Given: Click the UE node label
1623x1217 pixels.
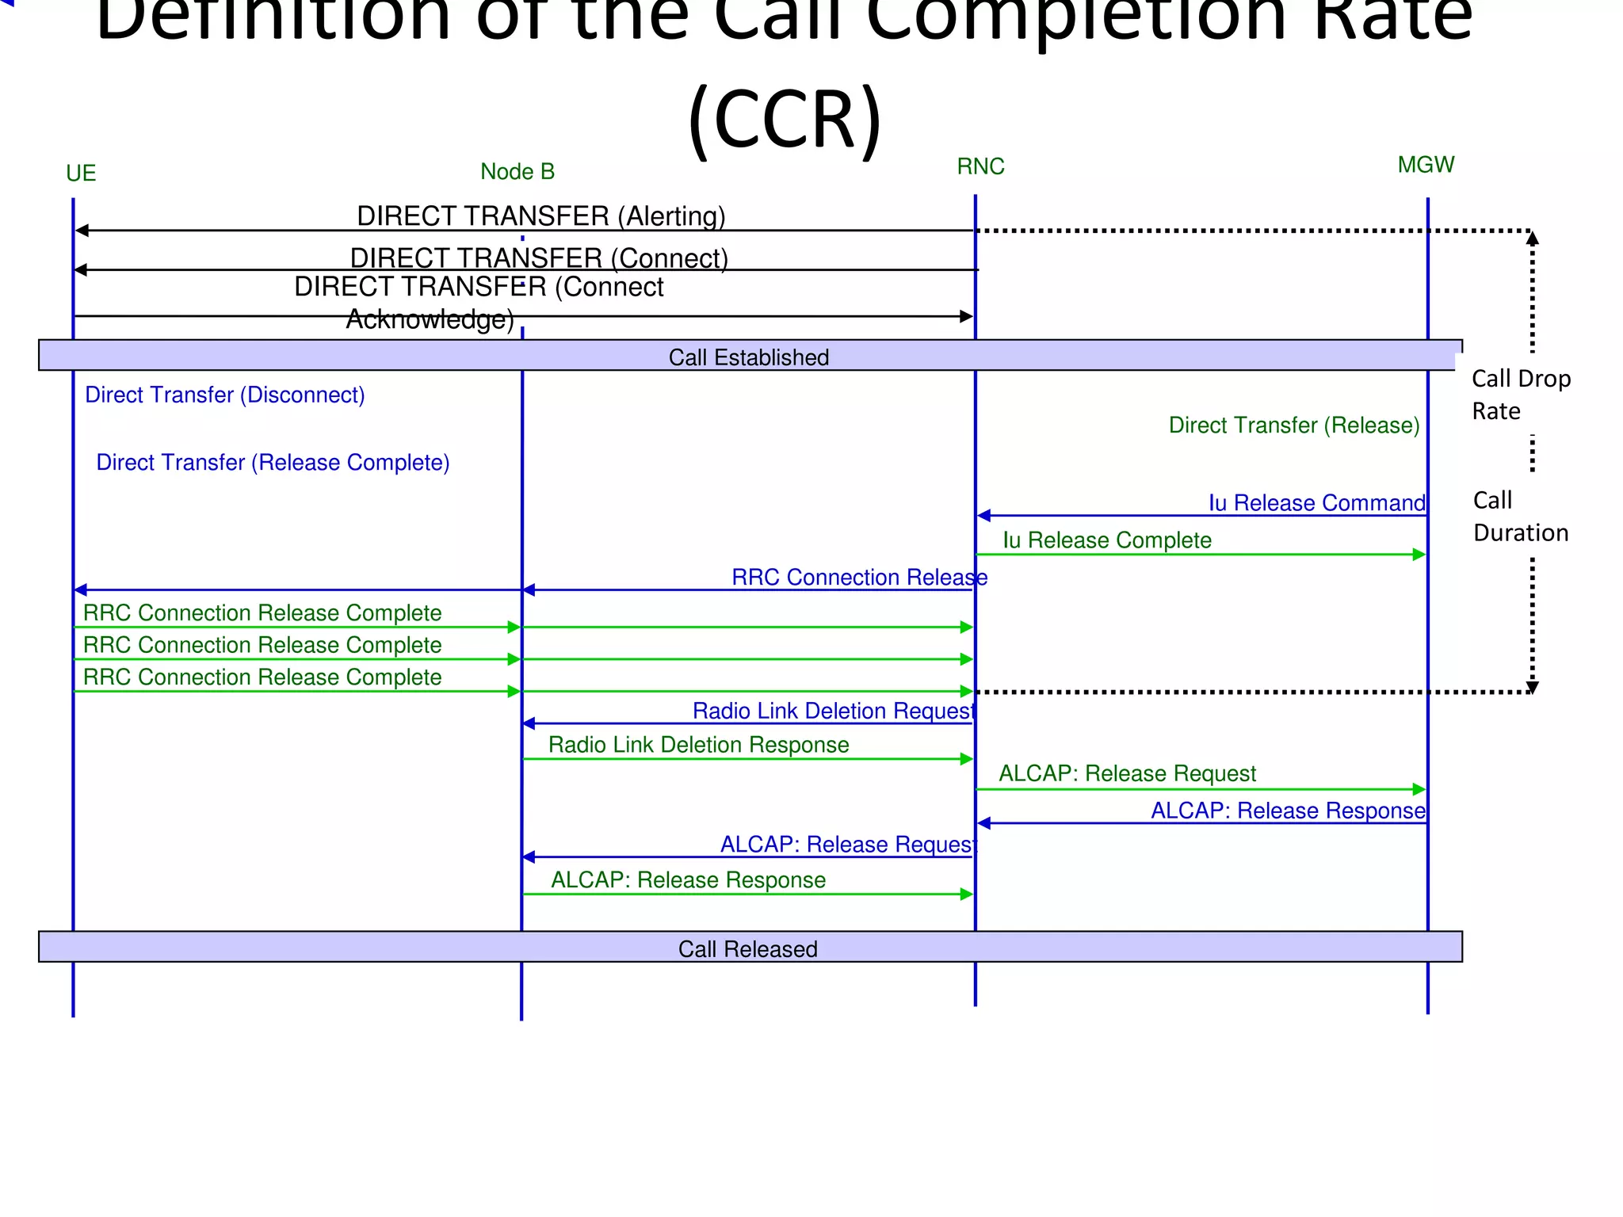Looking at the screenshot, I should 81,174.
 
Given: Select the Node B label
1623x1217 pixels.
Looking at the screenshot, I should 517,172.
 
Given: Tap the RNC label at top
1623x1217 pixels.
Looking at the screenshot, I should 980,166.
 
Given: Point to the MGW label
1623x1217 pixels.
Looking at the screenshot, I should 1426,165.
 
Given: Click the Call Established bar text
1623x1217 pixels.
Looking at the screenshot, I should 748,357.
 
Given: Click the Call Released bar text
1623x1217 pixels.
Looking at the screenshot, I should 747,948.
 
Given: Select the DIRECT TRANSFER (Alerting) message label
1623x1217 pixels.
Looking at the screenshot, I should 540,216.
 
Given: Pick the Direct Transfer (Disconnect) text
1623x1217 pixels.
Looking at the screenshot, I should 224,395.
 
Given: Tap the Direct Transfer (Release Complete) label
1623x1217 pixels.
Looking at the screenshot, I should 273,462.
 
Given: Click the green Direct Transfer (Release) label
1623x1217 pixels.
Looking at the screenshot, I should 1293,425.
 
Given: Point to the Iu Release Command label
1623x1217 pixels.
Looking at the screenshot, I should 1316,502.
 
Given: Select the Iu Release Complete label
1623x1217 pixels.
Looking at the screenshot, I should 1107,540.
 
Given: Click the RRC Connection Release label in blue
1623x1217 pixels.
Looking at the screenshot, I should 859,577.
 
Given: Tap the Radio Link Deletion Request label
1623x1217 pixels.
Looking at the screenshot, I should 833,711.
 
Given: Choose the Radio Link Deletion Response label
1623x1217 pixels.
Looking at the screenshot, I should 698,745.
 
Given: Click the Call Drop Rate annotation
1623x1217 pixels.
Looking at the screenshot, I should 1520,395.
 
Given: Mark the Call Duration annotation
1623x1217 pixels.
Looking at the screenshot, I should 1520,517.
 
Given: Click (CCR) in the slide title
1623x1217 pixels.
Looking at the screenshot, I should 785,119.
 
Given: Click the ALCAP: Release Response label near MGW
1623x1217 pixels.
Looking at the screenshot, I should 1287,811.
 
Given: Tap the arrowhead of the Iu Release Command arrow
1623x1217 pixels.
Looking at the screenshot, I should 983,516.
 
